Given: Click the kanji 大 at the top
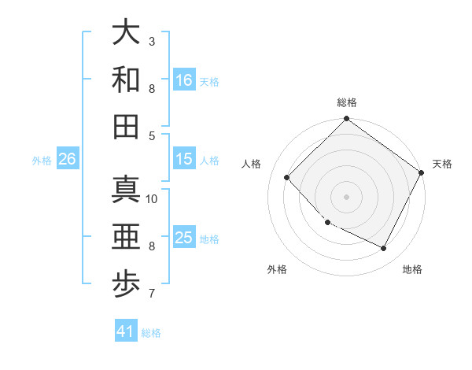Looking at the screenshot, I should point(126,33).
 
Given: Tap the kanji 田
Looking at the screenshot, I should point(126,126).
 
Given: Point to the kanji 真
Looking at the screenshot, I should point(126,190).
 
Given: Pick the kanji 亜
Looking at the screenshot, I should point(126,237).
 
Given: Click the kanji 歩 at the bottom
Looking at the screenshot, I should point(126,284).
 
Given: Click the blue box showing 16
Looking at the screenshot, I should point(184,80).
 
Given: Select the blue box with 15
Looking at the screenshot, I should point(184,159).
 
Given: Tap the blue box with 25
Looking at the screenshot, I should point(184,238).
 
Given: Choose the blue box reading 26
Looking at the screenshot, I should point(67,159).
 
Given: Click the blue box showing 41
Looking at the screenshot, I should point(126,331).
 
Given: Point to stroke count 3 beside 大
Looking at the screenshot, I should point(152,41).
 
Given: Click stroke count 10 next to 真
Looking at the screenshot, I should point(152,198).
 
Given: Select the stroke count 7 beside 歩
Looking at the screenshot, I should point(152,294).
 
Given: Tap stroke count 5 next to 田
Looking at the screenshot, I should point(152,135).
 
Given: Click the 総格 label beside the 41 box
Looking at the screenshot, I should point(151,333).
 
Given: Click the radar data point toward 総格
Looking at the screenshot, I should point(346,120).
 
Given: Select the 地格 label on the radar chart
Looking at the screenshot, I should point(412,269).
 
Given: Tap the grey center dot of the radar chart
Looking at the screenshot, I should point(346,197).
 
